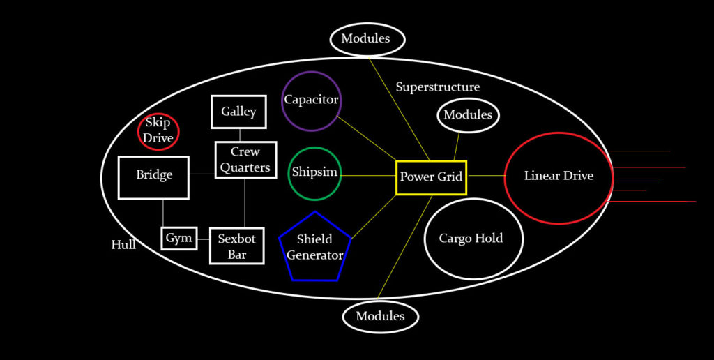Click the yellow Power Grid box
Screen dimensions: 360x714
pos(431,177)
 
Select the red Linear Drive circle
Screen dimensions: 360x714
pos(559,177)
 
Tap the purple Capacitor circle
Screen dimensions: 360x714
pos(311,100)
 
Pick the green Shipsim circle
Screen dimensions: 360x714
pos(314,172)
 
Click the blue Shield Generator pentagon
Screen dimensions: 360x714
pos(314,248)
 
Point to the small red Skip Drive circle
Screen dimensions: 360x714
pos(158,131)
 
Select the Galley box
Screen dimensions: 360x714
pos(238,112)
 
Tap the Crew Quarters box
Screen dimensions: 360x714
pos(245,160)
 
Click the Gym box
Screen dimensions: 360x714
pos(178,239)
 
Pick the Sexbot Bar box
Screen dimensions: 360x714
pos(237,246)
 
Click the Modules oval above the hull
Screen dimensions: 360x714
pos(367,39)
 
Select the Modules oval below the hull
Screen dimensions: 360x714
pos(380,317)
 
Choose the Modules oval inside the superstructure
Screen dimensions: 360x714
pos(468,115)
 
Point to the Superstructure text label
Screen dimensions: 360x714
pos(438,87)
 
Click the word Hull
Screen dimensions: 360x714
pos(123,245)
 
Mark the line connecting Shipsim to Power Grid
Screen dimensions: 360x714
pos(368,175)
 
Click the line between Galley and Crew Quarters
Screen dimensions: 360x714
pos(239,135)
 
